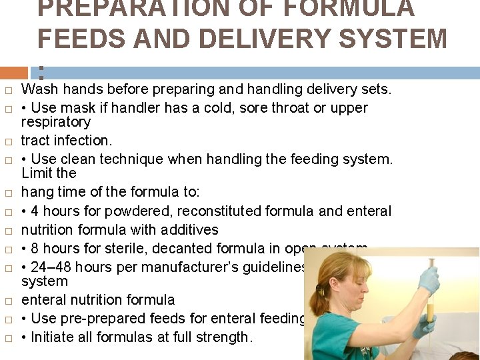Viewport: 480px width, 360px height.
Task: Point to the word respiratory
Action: [56, 122]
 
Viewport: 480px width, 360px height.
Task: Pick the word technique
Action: [133, 159]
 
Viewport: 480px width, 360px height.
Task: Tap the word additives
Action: [185, 230]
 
